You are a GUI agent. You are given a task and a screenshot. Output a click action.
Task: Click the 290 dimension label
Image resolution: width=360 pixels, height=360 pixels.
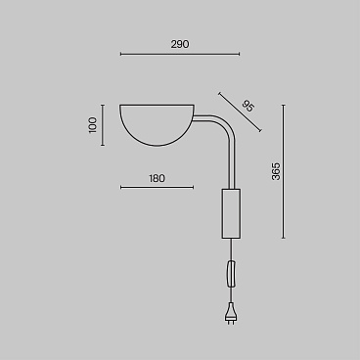(180, 44)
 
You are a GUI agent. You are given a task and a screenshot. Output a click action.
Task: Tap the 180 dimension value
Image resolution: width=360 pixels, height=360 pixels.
(157, 178)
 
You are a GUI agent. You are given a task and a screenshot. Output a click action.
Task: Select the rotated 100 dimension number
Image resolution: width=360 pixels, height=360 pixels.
(93, 125)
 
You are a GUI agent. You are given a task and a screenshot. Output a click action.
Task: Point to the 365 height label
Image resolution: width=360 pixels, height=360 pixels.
(276, 171)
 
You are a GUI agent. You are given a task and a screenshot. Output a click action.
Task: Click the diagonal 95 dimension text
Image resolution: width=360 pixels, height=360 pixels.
(247, 107)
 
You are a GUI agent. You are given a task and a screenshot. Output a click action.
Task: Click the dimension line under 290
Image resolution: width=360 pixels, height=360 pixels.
(180, 54)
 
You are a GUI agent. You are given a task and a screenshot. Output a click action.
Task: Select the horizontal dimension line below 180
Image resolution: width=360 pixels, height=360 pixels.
(157, 187)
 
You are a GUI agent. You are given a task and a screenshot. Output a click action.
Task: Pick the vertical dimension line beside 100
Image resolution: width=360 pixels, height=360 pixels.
(103, 125)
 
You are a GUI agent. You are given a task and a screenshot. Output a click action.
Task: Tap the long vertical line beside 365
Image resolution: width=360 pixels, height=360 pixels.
(284, 171)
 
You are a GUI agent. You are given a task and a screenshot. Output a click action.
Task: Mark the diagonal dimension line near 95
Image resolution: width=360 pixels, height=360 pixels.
(240, 112)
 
